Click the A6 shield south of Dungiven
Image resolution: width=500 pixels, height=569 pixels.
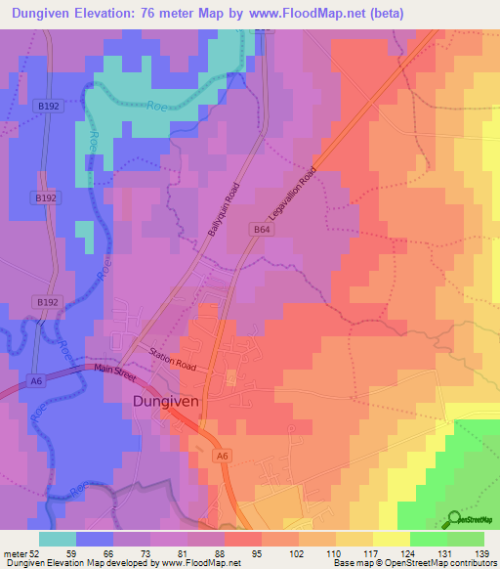click(x=223, y=455)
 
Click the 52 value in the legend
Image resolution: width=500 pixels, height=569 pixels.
click(x=36, y=553)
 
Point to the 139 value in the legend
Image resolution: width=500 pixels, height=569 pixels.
click(x=481, y=553)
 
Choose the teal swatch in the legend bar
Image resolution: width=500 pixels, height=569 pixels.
click(x=58, y=539)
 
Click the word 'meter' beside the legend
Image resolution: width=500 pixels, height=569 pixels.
click(x=14, y=553)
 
